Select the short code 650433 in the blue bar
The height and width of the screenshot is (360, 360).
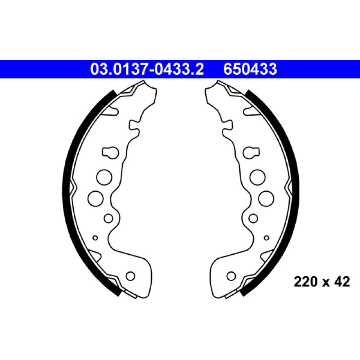pos(250,69)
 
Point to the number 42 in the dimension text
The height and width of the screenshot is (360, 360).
pos(342,282)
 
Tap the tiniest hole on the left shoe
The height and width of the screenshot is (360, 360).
pos(95,237)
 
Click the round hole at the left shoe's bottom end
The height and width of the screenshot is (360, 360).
pos(130,275)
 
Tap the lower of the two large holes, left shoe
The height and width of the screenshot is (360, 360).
pos(95,198)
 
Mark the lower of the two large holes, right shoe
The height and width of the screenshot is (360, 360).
pos(265,198)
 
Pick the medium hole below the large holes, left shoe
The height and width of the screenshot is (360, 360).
pos(108,218)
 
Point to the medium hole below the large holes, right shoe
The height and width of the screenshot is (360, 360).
pos(253,218)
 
